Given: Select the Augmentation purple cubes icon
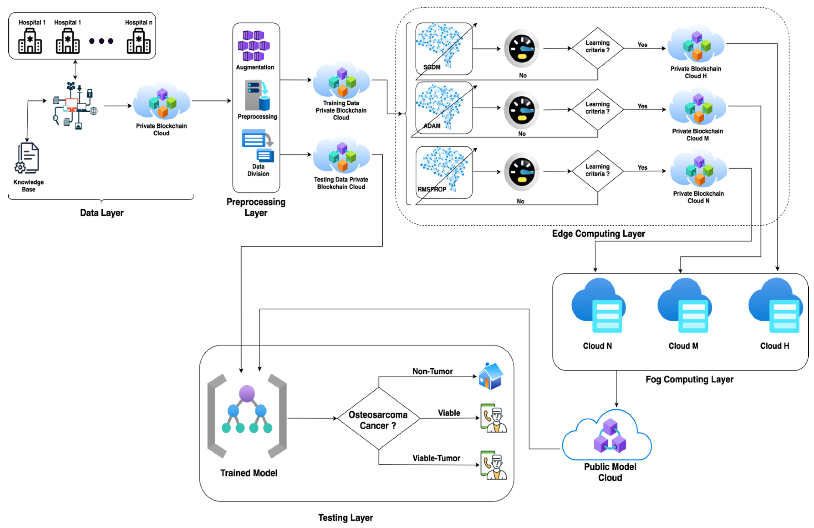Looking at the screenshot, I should pyautogui.click(x=254, y=46).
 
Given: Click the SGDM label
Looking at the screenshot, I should pyautogui.click(x=432, y=67).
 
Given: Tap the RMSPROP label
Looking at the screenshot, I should pyautogui.click(x=432, y=189).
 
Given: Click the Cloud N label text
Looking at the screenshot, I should pyautogui.click(x=597, y=346).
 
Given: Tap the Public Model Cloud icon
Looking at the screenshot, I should pyautogui.click(x=609, y=436).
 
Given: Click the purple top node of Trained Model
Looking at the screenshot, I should pyautogui.click(x=247, y=393).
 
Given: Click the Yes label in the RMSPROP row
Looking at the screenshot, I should pyautogui.click(x=642, y=168).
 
